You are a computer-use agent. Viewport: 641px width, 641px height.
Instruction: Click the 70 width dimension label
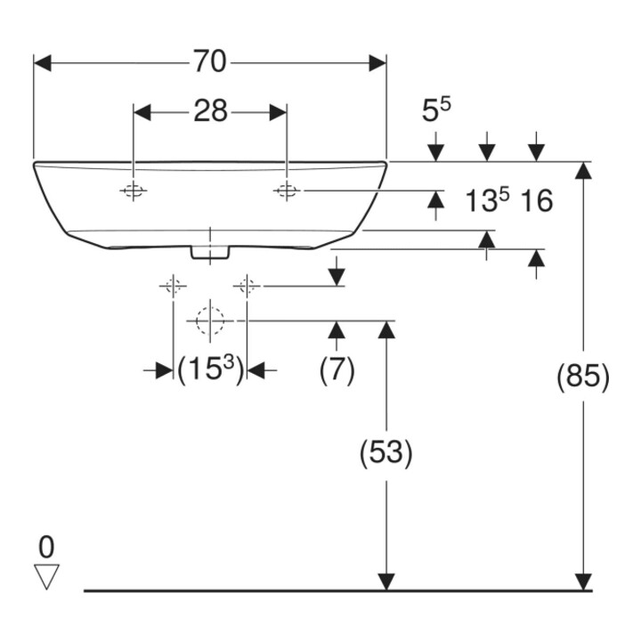click(209, 61)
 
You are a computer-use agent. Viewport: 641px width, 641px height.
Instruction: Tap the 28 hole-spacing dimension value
click(210, 110)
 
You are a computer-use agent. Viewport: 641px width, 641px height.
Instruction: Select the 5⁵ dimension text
click(436, 110)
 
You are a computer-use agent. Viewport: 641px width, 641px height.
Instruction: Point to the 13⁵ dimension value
click(487, 200)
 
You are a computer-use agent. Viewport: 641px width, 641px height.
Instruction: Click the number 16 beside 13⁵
click(537, 200)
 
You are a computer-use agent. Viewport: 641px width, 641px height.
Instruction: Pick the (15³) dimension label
click(210, 369)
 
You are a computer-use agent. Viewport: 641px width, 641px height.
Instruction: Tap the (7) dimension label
click(337, 370)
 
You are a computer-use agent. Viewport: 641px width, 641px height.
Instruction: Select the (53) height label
click(385, 453)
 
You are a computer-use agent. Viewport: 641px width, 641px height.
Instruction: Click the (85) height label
click(583, 376)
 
